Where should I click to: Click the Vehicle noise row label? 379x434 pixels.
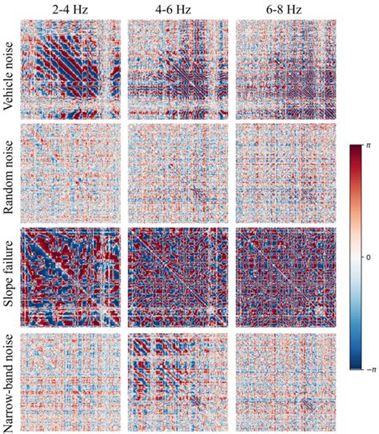click(x=10, y=70)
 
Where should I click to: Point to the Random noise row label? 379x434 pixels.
click(x=10, y=174)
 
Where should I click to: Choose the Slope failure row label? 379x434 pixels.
click(x=10, y=279)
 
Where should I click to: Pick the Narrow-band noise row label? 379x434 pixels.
click(x=10, y=383)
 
